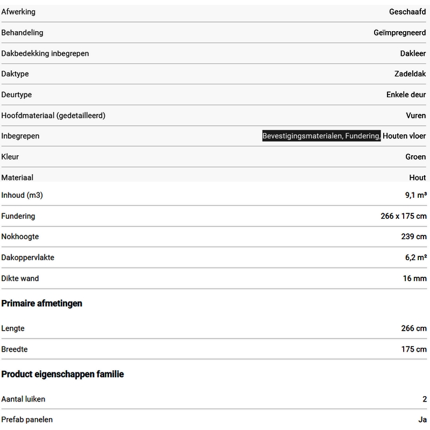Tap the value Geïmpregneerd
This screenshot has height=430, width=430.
pyautogui.click(x=399, y=33)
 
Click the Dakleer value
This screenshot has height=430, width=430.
pyautogui.click(x=413, y=53)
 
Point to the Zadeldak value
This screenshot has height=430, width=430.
pyautogui.click(x=410, y=74)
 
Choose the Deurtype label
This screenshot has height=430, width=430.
pyautogui.click(x=17, y=95)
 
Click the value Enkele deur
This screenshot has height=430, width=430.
pyautogui.click(x=406, y=95)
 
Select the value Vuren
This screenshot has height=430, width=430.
pyautogui.click(x=416, y=116)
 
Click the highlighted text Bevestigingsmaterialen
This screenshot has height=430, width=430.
pyautogui.click(x=303, y=137)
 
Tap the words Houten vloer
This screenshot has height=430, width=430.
pyautogui.click(x=404, y=137)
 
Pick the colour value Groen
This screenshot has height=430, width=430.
pyautogui.click(x=415, y=157)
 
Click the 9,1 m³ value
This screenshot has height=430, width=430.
pyautogui.click(x=416, y=196)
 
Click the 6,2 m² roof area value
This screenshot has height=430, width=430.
pyautogui.click(x=416, y=258)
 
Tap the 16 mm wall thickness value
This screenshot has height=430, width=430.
pyautogui.click(x=414, y=279)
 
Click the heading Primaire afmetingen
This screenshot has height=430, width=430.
pyautogui.click(x=42, y=304)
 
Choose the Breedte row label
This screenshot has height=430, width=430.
pyautogui.click(x=15, y=349)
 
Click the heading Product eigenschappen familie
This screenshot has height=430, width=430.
pyautogui.click(x=63, y=374)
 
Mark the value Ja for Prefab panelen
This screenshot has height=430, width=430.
pyautogui.click(x=422, y=420)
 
